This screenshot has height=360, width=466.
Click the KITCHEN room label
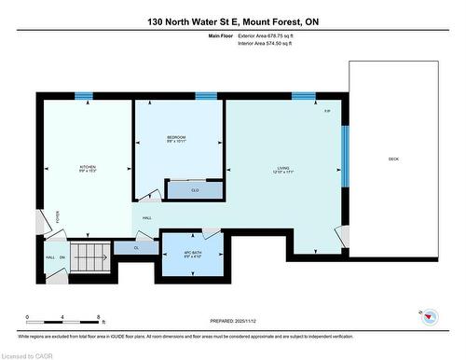(x=87, y=169)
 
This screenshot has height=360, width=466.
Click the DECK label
(x=394, y=159)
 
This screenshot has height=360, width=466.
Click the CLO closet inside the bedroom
(x=194, y=190)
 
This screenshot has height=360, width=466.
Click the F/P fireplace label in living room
(x=327, y=112)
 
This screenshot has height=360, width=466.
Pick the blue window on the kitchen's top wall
(x=85, y=95)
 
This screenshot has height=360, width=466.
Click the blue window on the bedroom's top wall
(x=206, y=95)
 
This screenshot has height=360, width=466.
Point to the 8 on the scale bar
(x=98, y=317)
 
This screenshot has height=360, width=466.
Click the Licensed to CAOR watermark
(x=31, y=353)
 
